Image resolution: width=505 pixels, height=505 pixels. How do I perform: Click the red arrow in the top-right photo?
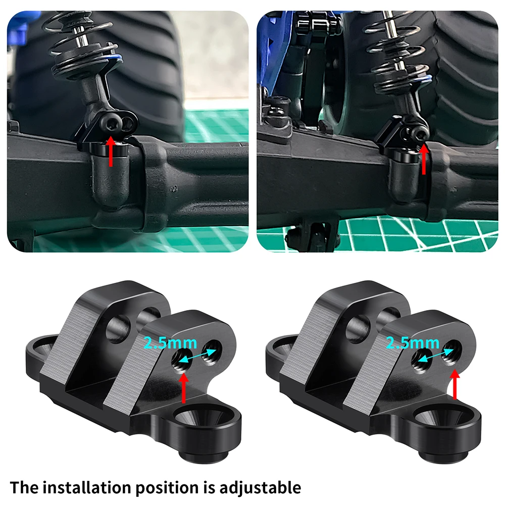coord(424,158)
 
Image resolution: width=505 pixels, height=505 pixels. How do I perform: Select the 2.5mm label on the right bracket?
coord(412,343)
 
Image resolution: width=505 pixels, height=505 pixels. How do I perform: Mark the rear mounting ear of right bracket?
coord(280,347)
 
